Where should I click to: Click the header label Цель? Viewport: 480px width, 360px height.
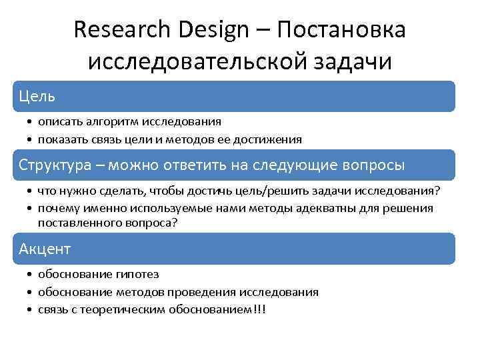37,97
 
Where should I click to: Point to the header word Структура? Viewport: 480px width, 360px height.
59,165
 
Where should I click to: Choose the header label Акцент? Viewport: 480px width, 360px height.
45,249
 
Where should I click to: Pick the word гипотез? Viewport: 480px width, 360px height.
136,275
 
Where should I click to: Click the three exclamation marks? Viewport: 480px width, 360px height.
258,309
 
